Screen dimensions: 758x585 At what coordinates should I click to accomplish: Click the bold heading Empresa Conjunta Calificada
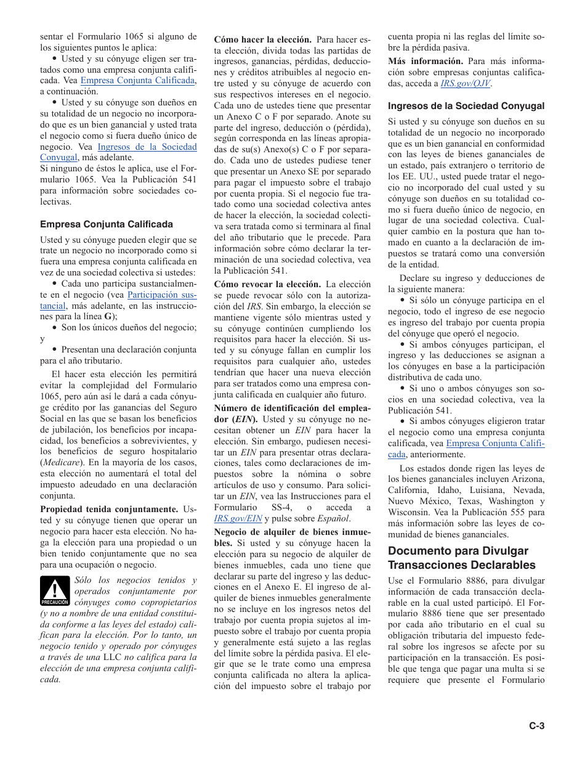click(107, 224)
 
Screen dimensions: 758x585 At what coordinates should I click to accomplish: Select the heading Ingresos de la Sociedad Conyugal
click(466, 106)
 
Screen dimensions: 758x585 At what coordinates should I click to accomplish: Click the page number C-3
click(536, 726)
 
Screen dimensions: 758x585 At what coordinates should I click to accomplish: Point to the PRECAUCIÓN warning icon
click(55, 591)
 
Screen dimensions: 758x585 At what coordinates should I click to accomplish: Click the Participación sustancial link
click(161, 295)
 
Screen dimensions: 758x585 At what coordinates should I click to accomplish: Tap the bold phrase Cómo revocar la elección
click(267, 284)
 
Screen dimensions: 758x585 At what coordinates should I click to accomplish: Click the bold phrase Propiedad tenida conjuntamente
click(109, 509)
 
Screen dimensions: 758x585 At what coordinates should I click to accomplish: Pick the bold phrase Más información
click(426, 61)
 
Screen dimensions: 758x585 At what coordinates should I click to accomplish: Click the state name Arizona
click(528, 479)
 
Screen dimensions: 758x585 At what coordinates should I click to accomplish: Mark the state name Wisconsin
click(409, 512)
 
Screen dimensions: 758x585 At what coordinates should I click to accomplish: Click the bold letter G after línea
click(107, 316)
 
